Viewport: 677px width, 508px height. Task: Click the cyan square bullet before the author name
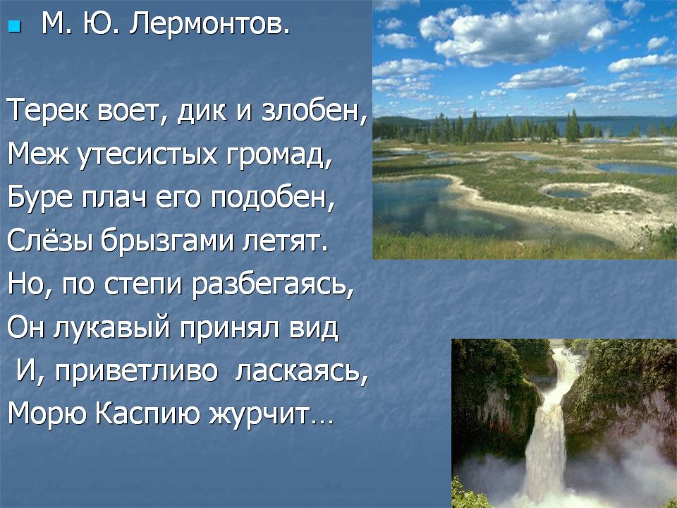[14, 28]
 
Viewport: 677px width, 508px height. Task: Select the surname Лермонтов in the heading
[210, 24]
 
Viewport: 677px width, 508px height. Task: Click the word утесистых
[146, 155]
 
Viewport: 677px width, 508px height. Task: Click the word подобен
[273, 198]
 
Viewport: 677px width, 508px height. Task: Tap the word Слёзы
[50, 241]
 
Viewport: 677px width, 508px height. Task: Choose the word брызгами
[168, 242]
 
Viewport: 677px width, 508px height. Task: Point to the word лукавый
[112, 328]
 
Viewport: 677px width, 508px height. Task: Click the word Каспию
[147, 414]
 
